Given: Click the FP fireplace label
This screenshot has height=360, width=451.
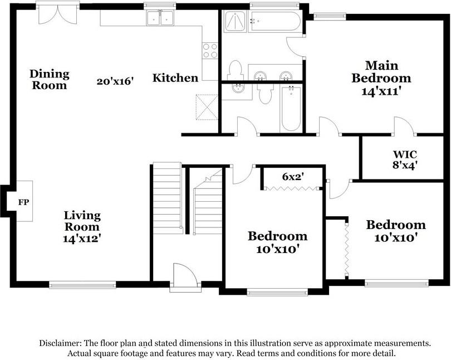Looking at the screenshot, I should [x=23, y=202].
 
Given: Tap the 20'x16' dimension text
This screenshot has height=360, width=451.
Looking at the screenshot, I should [x=116, y=81].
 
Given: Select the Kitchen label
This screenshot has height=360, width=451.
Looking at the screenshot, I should [x=175, y=78].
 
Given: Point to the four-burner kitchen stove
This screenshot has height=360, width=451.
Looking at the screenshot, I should [x=210, y=51].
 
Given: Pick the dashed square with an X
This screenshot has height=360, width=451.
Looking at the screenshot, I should [x=205, y=106].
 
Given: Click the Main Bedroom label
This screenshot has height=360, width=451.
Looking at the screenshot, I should [x=381, y=71].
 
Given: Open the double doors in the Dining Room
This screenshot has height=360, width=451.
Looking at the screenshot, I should [x=57, y=14].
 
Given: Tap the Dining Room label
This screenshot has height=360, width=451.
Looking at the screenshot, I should [x=50, y=79].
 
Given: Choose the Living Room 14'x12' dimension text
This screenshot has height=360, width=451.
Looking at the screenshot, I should [x=82, y=238].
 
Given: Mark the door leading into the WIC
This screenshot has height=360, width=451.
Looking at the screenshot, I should [x=404, y=127].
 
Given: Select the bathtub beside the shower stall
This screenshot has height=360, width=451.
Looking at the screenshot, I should [x=274, y=22].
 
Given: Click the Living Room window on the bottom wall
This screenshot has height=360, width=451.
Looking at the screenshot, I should [x=82, y=284].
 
